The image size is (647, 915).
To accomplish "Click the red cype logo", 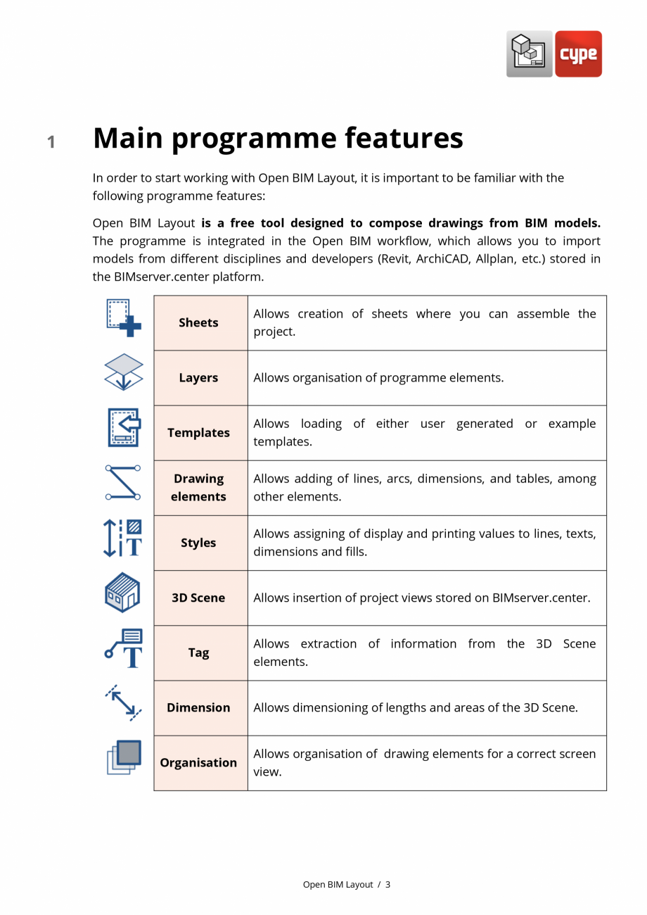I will [x=578, y=53].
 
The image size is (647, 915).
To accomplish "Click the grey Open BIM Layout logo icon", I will [x=529, y=53].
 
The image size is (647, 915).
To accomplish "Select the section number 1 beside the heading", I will [x=51, y=142].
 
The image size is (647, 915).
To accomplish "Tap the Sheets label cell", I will [x=199, y=323].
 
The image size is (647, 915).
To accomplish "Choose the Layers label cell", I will [x=199, y=378].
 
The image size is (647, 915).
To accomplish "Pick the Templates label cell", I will [x=199, y=433].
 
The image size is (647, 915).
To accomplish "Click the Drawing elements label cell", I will [x=199, y=488].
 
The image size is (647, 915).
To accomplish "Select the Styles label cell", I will [x=199, y=543].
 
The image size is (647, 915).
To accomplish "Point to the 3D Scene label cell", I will [x=199, y=598].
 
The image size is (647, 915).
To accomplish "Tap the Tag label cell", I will [x=199, y=652].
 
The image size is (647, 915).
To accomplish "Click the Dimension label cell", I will [x=199, y=707].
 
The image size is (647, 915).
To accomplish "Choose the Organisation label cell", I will [x=199, y=763].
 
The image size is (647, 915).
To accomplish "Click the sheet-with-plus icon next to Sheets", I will [x=124, y=317].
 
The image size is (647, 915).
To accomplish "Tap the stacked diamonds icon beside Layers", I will [x=124, y=372].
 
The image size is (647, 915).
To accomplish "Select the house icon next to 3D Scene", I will [x=123, y=592].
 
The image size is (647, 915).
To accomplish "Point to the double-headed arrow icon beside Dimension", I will [x=124, y=702].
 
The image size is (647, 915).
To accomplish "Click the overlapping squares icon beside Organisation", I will [x=124, y=757].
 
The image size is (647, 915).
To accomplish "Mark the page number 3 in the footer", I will [x=387, y=885].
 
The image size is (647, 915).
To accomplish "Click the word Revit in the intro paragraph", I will [x=396, y=259].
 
